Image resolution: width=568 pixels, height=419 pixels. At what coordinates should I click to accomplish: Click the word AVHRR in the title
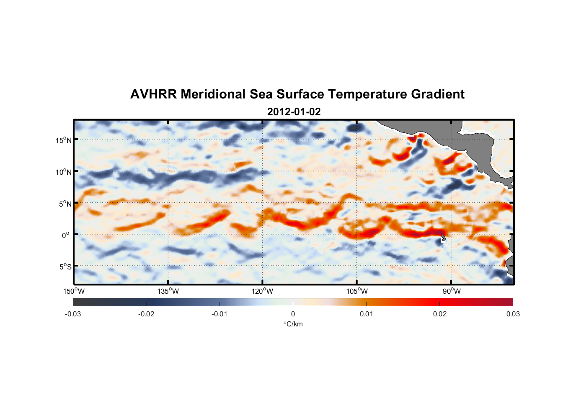(153, 94)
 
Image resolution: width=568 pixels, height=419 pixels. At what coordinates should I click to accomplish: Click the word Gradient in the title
(438, 94)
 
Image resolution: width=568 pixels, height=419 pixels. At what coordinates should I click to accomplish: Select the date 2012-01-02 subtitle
(294, 112)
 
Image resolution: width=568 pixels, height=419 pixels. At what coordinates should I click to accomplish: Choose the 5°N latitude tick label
(65, 204)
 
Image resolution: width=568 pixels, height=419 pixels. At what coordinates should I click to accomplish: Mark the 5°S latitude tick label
(65, 267)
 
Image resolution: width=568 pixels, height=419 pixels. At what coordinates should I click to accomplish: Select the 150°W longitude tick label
(74, 291)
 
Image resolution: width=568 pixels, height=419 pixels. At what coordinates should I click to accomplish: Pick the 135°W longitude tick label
(168, 291)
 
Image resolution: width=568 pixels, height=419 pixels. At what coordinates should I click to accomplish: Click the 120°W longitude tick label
(262, 291)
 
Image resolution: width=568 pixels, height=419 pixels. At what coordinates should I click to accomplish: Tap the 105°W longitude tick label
(357, 291)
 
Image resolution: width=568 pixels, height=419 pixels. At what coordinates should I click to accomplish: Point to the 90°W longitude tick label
(451, 291)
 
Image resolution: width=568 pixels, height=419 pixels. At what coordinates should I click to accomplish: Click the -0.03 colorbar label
(73, 314)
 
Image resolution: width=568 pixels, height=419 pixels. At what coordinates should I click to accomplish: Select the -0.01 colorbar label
(219, 314)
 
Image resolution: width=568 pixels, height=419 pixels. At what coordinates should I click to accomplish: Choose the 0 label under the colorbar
(293, 314)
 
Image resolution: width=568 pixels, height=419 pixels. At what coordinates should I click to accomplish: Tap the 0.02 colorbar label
(440, 314)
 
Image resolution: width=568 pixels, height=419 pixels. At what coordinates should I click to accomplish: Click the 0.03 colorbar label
(513, 314)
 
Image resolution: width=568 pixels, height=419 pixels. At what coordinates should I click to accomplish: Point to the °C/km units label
(293, 324)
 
